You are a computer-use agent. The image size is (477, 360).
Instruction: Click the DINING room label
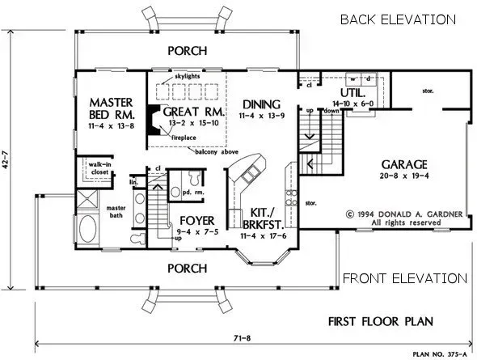tap(260, 104)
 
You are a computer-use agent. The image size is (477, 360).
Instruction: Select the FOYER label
tap(197, 220)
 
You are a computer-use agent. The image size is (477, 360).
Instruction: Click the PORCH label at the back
tap(186, 51)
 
